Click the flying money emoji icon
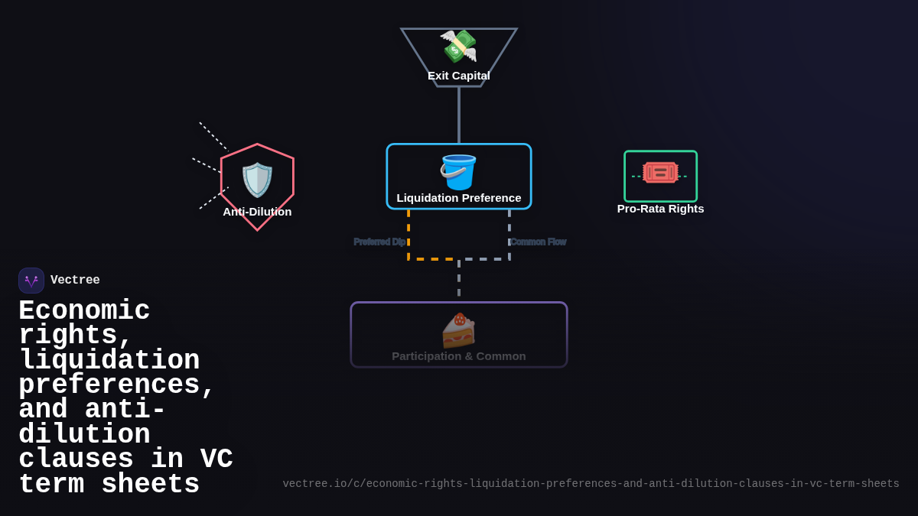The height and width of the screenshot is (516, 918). (x=458, y=46)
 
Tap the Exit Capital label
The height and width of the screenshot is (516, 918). (x=459, y=76)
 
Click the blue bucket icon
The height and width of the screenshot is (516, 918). (x=458, y=172)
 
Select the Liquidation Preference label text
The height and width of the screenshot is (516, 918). (x=459, y=198)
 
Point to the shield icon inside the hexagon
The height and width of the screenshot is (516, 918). (x=257, y=180)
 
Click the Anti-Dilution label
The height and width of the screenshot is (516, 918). (x=257, y=212)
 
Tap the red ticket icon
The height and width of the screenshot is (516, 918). (x=660, y=172)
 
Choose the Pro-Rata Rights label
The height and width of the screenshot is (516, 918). (x=660, y=209)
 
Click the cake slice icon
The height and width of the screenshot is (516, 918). (x=458, y=330)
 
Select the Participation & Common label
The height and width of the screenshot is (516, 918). (x=459, y=356)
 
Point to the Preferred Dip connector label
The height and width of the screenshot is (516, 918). (x=379, y=242)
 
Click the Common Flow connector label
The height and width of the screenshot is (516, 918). (x=539, y=242)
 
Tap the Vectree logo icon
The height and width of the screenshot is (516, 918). (x=31, y=281)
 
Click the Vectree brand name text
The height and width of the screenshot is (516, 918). (x=75, y=281)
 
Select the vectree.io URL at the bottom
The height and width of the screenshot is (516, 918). (x=591, y=484)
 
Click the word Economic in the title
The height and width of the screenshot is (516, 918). (x=84, y=311)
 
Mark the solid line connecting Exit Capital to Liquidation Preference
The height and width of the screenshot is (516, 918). (x=459, y=115)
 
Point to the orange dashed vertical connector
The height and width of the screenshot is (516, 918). (x=409, y=233)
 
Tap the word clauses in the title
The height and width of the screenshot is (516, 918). (x=76, y=459)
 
